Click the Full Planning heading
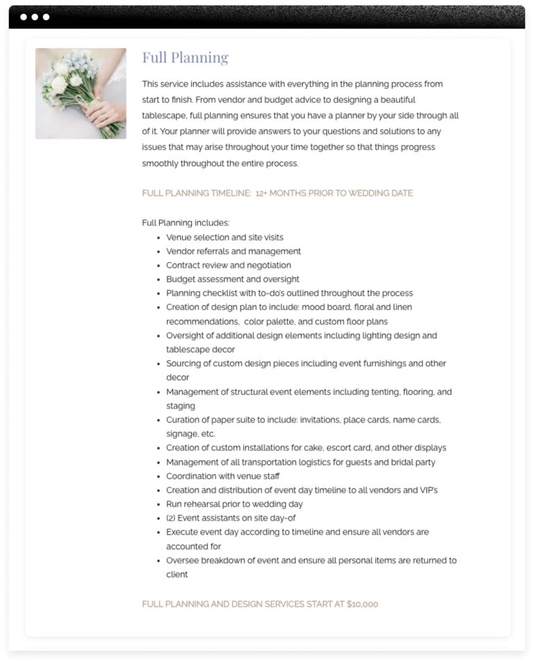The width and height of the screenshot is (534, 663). click(185, 58)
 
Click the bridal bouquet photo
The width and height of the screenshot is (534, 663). click(81, 93)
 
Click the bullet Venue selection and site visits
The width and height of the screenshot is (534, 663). click(225, 237)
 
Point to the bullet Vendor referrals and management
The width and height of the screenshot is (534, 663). click(233, 251)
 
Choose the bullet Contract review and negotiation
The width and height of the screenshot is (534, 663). click(228, 265)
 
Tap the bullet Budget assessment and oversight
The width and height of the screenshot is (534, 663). click(232, 279)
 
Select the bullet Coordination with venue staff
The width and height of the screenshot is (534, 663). click(222, 476)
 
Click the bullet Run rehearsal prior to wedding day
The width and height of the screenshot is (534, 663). click(234, 504)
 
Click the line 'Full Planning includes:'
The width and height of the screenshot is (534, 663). click(186, 223)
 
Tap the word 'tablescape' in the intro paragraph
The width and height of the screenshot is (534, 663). click(165, 115)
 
